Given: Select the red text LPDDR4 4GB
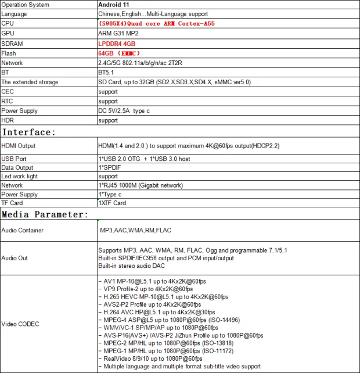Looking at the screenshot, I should [x=117, y=44].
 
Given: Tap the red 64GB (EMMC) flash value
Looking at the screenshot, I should [x=119, y=53].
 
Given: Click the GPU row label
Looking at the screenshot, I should [x=8, y=34].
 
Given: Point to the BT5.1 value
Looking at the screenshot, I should [x=107, y=73].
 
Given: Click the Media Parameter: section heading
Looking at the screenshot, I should [x=45, y=214].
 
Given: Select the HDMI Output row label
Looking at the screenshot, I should [x=19, y=146].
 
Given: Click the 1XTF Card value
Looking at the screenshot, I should [x=112, y=203].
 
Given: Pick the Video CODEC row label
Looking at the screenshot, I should [x=20, y=324].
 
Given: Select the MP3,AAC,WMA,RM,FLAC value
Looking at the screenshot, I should [x=135, y=231].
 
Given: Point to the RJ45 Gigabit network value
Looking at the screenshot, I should [x=141, y=185].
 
